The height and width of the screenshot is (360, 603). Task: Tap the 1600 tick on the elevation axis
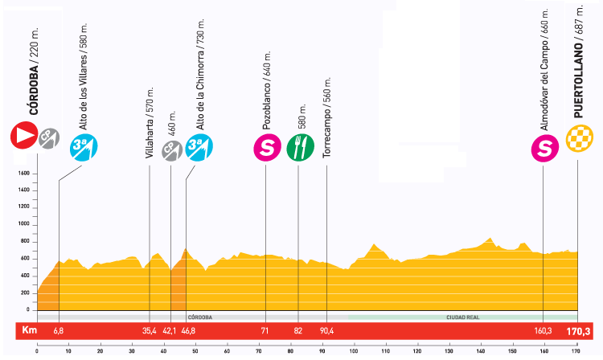click(x=23, y=174)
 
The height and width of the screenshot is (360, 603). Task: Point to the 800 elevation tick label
click(x=25, y=241)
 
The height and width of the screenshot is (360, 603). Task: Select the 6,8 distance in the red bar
click(x=59, y=330)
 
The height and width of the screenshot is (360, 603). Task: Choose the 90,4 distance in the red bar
click(x=326, y=330)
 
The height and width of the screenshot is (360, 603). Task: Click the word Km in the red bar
click(x=30, y=330)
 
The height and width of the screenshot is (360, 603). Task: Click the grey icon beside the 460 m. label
click(x=170, y=149)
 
